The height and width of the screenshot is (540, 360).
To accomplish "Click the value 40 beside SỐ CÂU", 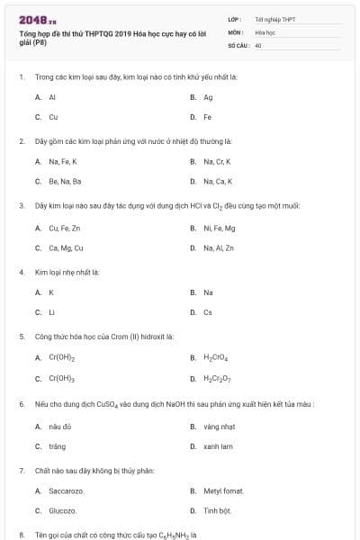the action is point(258,44).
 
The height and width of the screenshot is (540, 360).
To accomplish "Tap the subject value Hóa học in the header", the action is point(265,31).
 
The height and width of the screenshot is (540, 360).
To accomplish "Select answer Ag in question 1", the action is point(208,97).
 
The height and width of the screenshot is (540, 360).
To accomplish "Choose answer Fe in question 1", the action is point(207,117).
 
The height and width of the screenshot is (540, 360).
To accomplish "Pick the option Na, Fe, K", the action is point(62,162).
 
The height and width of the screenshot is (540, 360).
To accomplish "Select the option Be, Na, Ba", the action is point(65,182).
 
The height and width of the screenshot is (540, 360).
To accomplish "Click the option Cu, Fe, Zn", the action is point(64,228).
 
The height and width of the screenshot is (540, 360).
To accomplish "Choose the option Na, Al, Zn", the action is point(218,247).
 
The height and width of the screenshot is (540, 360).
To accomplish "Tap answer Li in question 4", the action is point(51,312).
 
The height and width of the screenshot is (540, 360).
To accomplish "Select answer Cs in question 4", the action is point(208,312).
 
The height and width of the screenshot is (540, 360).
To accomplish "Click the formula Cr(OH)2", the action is point(61,357).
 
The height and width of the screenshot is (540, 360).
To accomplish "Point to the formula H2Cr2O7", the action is point(217,378).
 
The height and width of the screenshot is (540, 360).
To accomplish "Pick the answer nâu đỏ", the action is point(59,426).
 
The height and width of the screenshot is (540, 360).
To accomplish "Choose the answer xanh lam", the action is point(218,445).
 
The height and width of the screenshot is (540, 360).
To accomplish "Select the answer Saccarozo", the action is point(66,490).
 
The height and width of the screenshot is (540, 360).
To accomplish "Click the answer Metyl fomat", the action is point(224,490).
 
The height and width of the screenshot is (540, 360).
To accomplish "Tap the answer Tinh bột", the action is point(217,510).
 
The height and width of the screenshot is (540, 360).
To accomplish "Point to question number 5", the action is point(21,336).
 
